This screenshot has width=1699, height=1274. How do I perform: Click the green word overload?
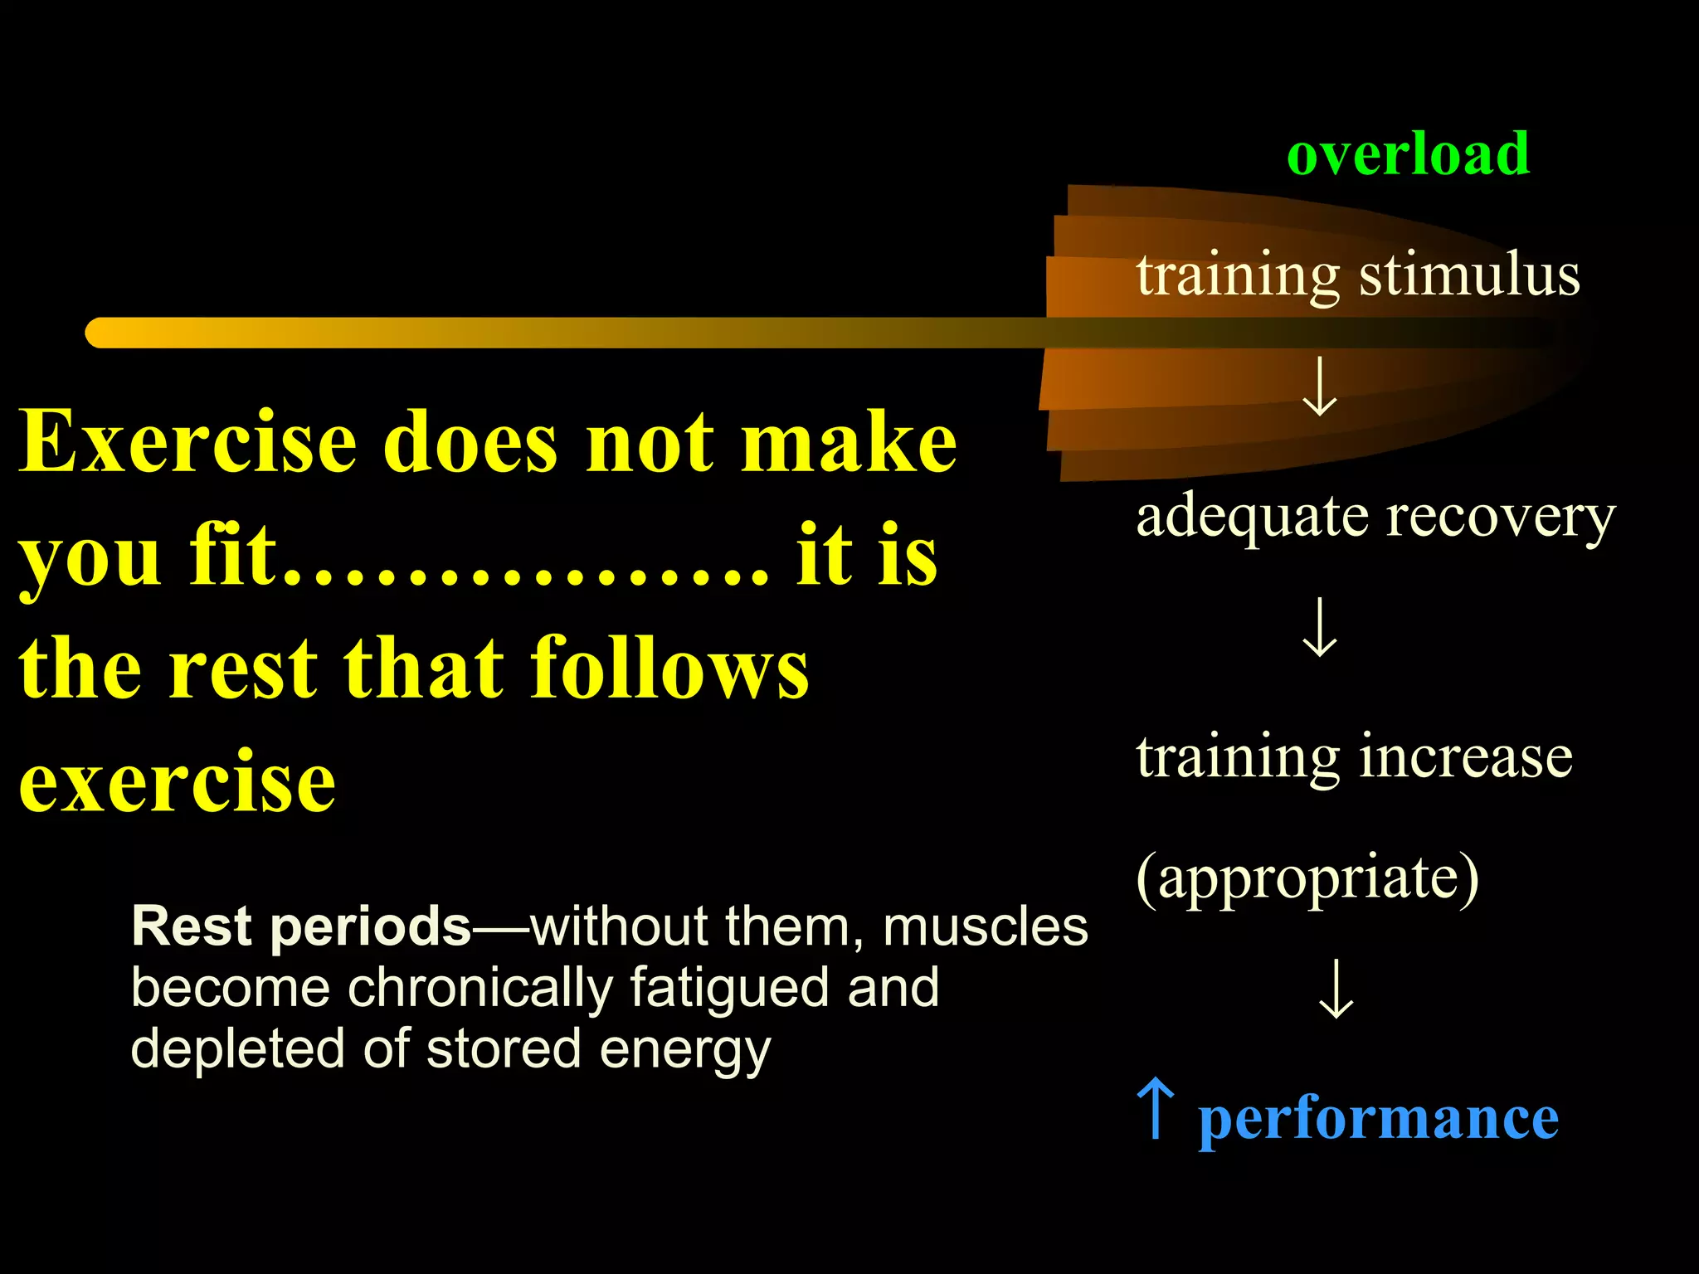pos(1408,155)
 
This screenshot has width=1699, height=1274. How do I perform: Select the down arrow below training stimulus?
pos(1319,387)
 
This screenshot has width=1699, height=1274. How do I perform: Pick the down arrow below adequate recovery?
pos(1319,628)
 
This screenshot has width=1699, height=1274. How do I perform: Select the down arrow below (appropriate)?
pos(1336,989)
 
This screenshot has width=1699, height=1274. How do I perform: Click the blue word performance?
pos(1379,1120)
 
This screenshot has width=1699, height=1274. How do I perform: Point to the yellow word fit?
pos(232,555)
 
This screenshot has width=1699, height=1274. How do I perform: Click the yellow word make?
pos(848,443)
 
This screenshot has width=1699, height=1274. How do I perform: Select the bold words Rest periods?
pos(301,926)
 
